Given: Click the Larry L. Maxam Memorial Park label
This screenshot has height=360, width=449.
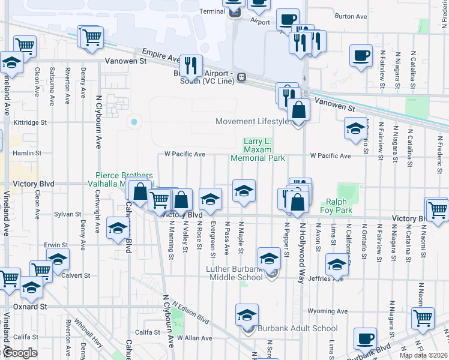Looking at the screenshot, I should click(x=258, y=150).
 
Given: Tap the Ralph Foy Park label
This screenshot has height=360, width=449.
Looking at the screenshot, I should click(x=339, y=206).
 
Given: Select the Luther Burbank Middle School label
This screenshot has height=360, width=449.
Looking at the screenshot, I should click(x=234, y=273).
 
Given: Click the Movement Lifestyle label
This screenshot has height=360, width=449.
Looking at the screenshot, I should click(x=252, y=122).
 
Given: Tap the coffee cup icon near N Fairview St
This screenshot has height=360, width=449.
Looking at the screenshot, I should click(x=360, y=56).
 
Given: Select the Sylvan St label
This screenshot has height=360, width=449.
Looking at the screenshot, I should click(x=67, y=214).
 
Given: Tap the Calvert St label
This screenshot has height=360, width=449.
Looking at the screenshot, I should click(x=78, y=275).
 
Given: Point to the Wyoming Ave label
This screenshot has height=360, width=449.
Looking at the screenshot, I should click(x=327, y=311).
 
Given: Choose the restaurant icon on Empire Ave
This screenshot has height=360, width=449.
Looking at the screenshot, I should click(x=191, y=65).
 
